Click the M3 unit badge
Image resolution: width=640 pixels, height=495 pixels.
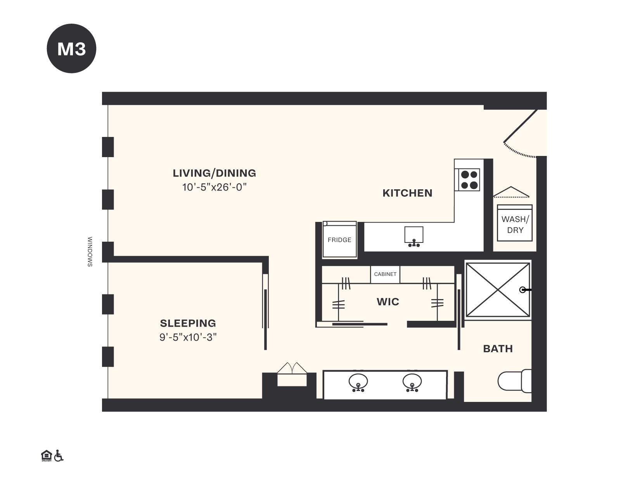[71, 48]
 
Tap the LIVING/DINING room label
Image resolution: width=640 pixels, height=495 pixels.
[214, 173]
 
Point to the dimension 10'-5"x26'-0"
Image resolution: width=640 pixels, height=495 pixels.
[214, 187]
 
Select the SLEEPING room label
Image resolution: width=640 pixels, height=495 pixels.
[188, 323]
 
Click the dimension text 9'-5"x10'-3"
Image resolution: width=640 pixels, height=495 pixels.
[188, 337]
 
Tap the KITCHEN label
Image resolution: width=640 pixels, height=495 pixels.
[407, 193]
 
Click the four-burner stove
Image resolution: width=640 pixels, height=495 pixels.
[469, 180]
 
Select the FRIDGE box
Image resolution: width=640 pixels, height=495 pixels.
[339, 240]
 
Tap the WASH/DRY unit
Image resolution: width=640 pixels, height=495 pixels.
[515, 224]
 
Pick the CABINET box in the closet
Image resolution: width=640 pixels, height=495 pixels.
[385, 274]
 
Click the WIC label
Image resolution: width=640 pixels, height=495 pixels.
[387, 302]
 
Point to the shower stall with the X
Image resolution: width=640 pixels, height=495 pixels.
[497, 290]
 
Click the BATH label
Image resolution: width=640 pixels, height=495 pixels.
[498, 349]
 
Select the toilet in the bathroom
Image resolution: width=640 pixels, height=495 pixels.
[514, 381]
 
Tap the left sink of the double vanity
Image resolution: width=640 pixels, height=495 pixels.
[358, 382]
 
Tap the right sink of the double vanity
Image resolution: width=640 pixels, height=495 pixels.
[412, 382]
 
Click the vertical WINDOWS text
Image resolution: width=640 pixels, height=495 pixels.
[90, 252]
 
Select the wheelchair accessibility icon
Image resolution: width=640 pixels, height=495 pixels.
[59, 456]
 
